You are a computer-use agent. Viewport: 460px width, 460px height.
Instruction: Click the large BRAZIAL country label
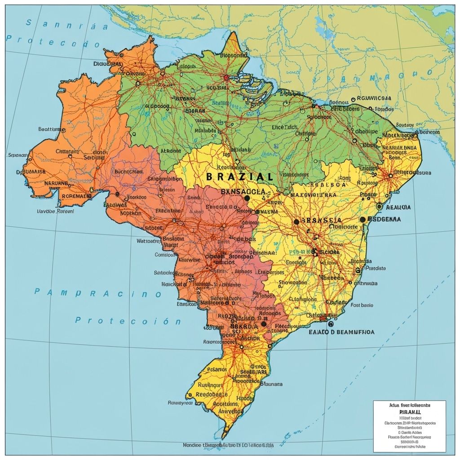pos(239,177)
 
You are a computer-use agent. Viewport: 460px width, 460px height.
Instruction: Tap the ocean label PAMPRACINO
pos(97,293)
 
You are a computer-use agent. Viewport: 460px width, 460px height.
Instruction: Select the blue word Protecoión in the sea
pos(128,321)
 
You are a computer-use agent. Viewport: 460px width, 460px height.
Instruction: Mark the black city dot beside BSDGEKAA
pos(363,220)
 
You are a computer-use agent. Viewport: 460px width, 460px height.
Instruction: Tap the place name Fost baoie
pos(362,305)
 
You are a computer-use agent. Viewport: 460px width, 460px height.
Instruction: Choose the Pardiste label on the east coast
pos(376,268)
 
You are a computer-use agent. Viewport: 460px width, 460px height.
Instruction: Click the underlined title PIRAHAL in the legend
pos(410,411)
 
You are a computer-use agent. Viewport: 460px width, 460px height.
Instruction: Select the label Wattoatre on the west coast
pos(148,241)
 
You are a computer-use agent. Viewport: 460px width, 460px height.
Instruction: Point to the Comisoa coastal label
pos(164,254)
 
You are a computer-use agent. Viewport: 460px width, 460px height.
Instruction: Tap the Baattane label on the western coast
pos(52,129)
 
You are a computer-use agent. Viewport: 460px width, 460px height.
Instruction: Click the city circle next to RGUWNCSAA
pos(353,99)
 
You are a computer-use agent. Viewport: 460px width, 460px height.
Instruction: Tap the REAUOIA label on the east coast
pos(398,207)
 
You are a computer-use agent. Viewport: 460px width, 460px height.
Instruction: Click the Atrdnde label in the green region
pos(170,151)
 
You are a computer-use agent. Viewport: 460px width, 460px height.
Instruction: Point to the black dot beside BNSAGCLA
pos(247,198)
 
